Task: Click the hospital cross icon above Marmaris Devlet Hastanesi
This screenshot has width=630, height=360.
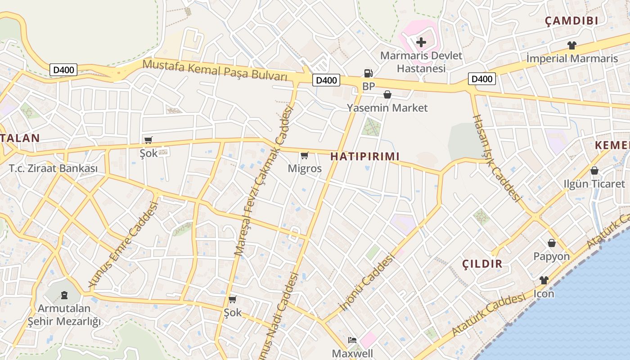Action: (421, 42)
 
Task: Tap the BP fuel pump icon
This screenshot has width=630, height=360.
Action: (368, 73)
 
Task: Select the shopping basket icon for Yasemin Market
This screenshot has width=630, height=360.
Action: (387, 94)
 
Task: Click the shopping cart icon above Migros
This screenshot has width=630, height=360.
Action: (305, 156)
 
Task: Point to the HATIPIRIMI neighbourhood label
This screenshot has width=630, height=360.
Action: (365, 156)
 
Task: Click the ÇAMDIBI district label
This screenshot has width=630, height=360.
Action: (571, 21)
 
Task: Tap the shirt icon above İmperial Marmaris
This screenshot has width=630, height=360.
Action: (571, 45)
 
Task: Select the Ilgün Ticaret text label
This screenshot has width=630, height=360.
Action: (594, 184)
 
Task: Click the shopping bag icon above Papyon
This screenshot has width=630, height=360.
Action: (552, 243)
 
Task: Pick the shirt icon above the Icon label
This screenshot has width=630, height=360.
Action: (544, 280)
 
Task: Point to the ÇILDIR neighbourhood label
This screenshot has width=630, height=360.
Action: (482, 264)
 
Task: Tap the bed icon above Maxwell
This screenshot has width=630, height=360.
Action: (352, 340)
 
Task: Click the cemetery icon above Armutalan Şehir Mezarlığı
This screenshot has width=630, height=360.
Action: (64, 296)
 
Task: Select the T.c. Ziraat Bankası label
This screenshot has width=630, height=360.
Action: (53, 169)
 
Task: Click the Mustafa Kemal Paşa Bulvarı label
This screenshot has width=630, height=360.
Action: (215, 70)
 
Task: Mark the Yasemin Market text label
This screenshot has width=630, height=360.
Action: (387, 108)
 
